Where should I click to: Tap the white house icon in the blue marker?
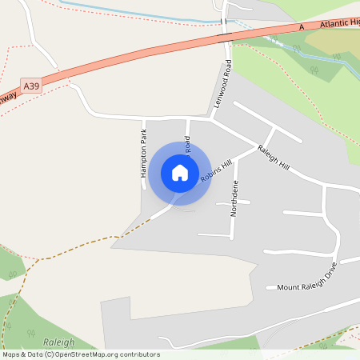tap(180, 172)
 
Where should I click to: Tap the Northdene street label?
tap(234, 198)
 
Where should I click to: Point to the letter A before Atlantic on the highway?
tap(302, 29)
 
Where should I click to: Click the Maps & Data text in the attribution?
tap(22, 354)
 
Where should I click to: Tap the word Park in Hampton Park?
tap(143, 137)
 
